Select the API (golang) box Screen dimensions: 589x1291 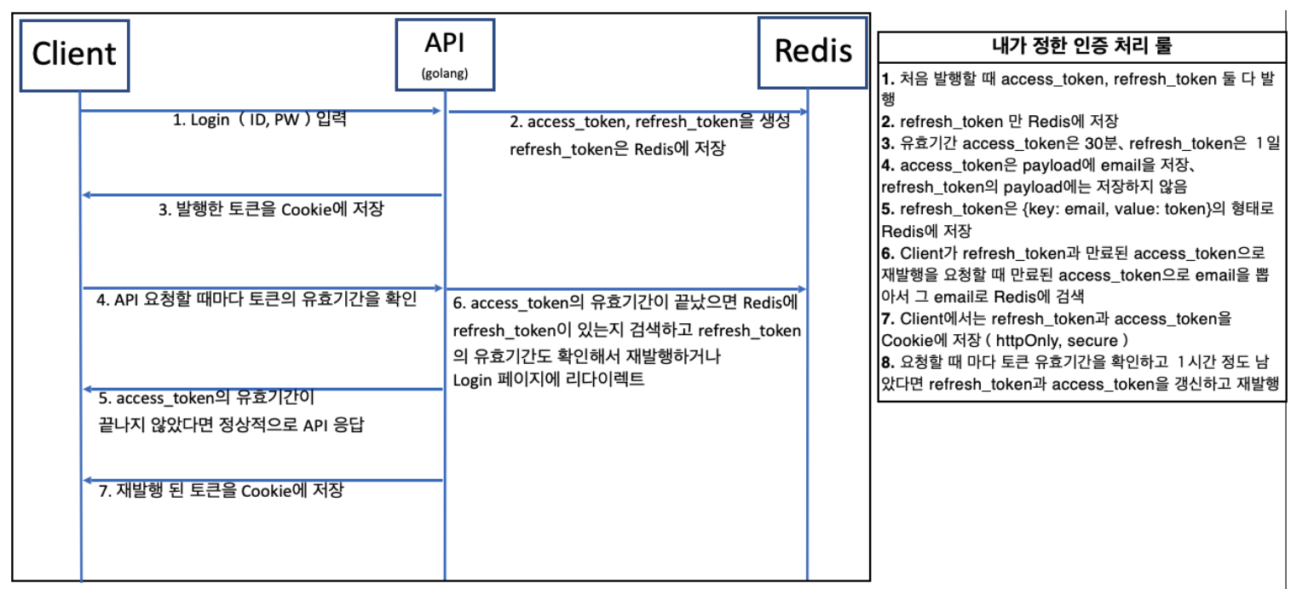click(444, 54)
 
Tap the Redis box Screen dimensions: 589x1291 click(813, 52)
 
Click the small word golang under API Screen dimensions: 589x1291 click(445, 73)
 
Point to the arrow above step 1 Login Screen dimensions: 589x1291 click(260, 111)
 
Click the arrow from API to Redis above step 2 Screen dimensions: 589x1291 click(627, 112)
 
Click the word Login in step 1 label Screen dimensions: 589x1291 click(210, 120)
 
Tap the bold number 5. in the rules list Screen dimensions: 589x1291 click(887, 210)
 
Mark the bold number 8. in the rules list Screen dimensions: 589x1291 click(887, 361)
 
